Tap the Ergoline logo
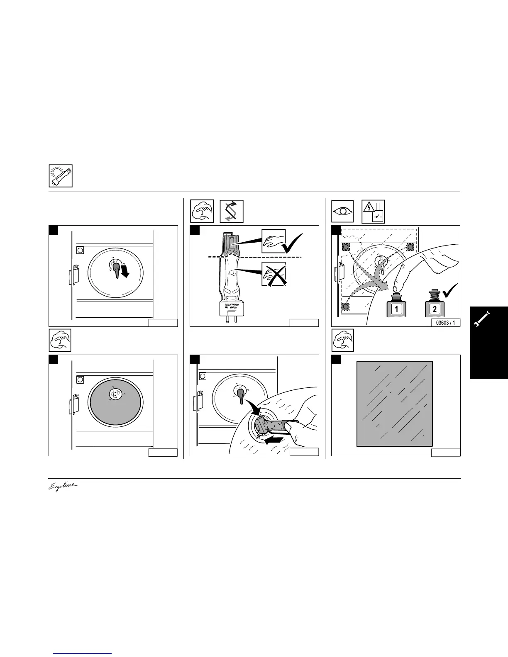point(63,486)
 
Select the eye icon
point(343,211)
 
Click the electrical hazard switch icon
point(373,211)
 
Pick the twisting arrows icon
point(231,211)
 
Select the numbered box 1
point(396,309)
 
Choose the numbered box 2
point(434,309)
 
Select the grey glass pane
point(395,404)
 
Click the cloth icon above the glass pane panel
point(343,341)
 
